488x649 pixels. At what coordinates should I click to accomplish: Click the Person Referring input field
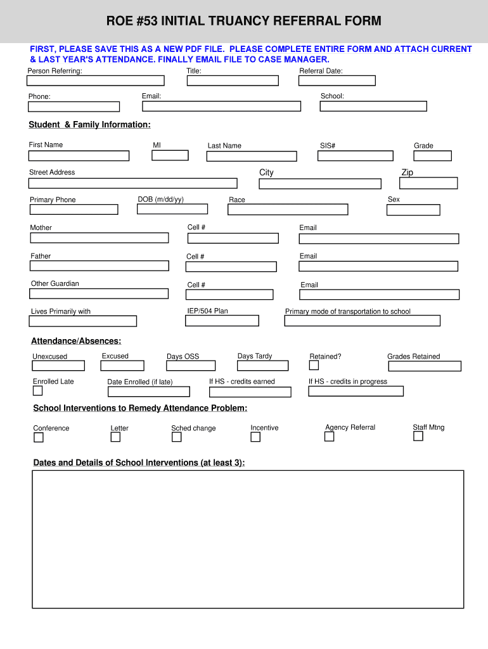point(95,80)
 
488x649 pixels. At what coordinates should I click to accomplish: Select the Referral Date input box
point(337,80)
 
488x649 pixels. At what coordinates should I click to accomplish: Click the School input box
point(373,106)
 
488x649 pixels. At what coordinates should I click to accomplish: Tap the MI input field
point(170,155)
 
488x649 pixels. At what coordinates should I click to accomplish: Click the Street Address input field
point(132,183)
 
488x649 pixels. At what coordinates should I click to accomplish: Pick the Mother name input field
point(100,238)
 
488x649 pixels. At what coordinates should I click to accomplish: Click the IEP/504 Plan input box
point(222,321)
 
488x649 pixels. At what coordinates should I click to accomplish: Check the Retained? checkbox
point(314,365)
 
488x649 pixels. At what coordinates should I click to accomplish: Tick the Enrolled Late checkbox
point(37,390)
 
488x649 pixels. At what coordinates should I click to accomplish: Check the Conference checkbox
point(39,437)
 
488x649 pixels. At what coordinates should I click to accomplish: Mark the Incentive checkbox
point(255,437)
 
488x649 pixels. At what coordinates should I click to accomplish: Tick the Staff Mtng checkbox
point(418,436)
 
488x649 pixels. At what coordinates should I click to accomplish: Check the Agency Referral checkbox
point(329,437)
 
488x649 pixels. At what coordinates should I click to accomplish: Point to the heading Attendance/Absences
point(76,341)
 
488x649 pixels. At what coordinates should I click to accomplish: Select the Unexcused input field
point(58,366)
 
